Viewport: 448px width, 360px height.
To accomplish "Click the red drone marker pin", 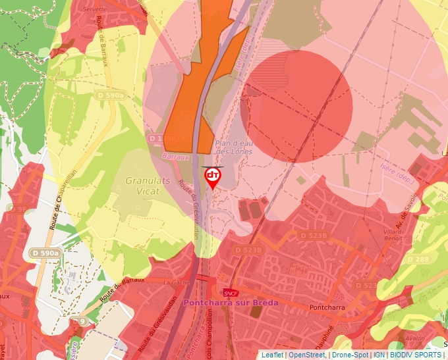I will (213, 177).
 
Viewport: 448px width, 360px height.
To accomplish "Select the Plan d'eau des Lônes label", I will (234, 147).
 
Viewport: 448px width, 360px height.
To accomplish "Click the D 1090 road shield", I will (162, 139).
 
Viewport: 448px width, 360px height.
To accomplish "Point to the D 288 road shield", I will (418, 259).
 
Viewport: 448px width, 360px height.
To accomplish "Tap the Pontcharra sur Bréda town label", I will (231, 303).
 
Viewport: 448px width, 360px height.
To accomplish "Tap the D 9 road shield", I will (80, 321).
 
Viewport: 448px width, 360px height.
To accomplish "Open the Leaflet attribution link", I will (273, 355).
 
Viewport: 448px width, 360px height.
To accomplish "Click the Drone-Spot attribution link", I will (349, 355).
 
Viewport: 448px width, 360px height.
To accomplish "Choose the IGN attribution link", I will (379, 355).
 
